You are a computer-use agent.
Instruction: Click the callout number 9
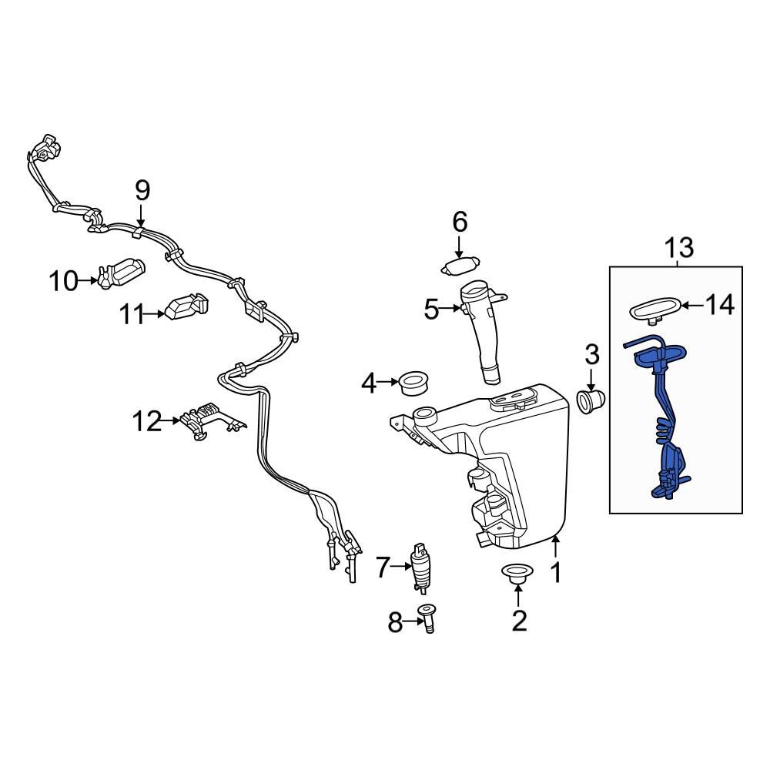tap(142, 189)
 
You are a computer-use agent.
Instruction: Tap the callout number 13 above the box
tap(678, 248)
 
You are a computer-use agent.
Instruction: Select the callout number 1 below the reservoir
tap(555, 573)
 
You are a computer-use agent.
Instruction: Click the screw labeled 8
tap(427, 618)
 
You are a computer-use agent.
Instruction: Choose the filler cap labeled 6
tap(460, 266)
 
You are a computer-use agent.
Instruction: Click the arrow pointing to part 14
tap(691, 306)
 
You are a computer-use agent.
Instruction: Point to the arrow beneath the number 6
tap(459, 248)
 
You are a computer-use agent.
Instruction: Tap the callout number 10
tap(65, 281)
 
